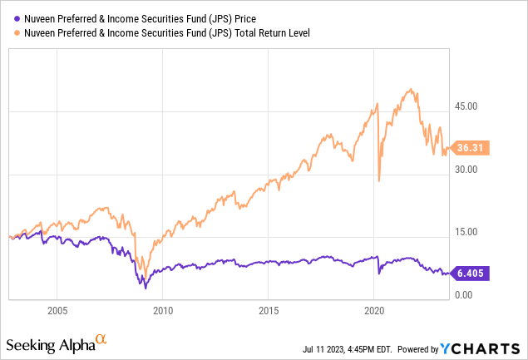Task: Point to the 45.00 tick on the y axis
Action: [466, 106]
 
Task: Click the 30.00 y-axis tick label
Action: [466, 170]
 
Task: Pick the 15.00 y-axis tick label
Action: [466, 232]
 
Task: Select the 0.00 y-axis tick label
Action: [464, 295]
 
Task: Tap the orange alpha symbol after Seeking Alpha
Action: [101, 339]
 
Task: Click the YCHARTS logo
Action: [490, 344]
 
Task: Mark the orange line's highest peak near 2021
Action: [408, 89]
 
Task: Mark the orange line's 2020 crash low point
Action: [379, 181]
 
